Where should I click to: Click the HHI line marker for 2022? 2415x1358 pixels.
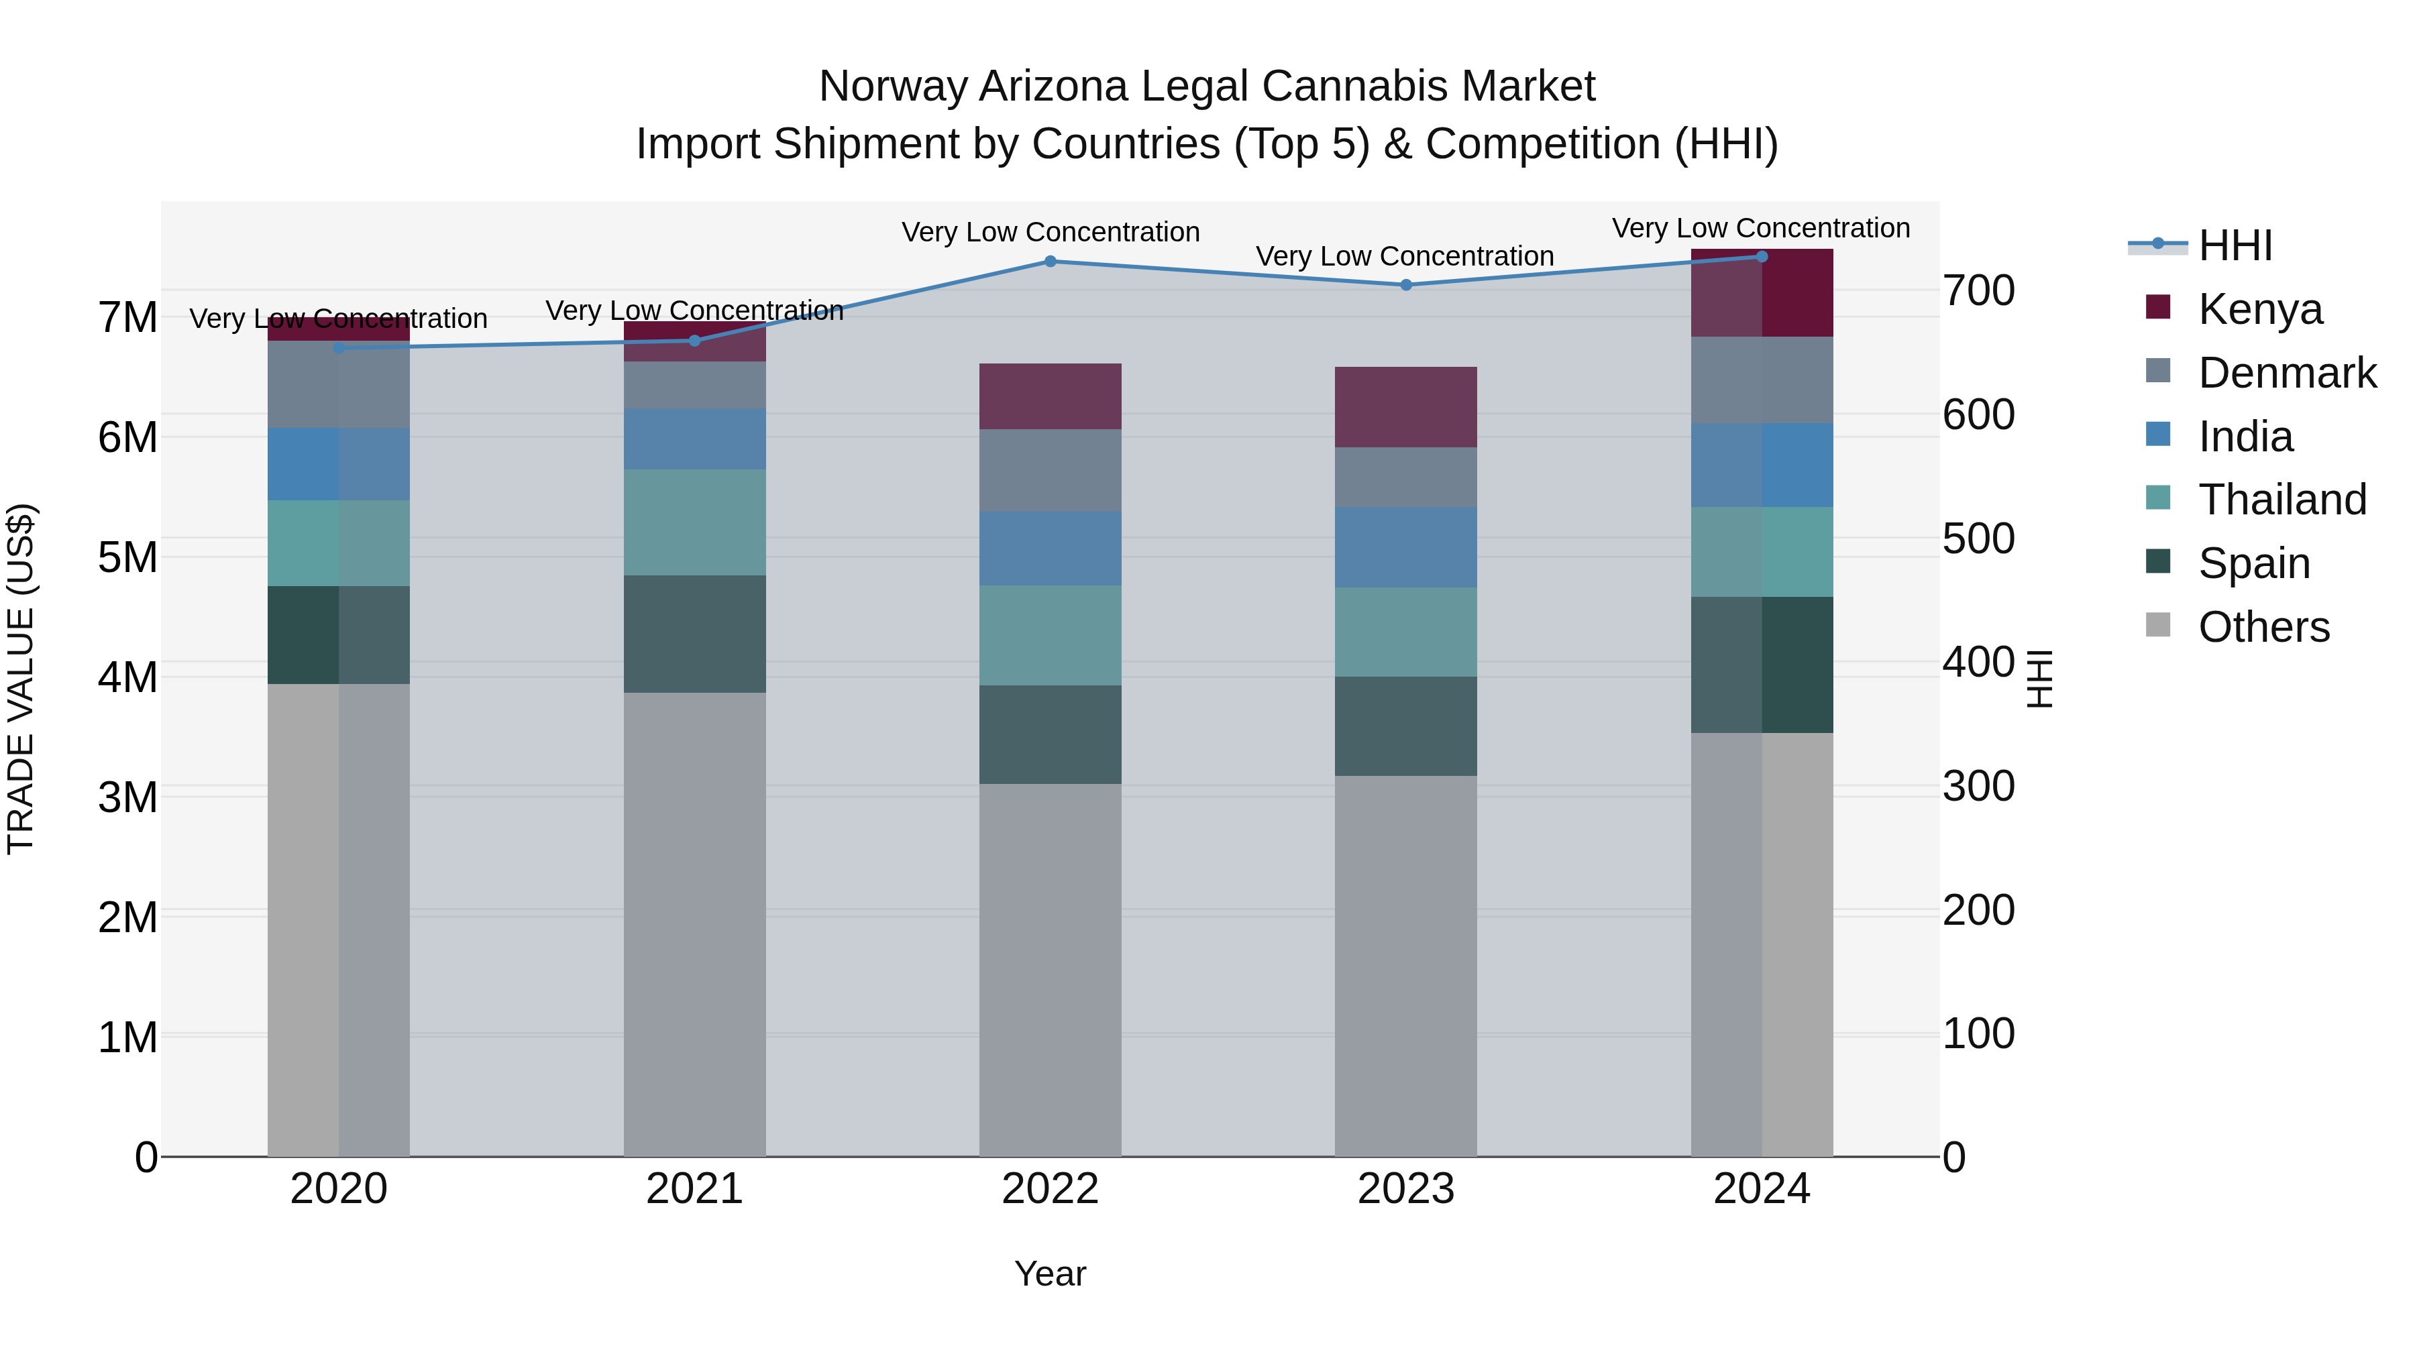click(x=1050, y=262)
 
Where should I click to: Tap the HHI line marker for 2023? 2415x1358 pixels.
click(x=1405, y=285)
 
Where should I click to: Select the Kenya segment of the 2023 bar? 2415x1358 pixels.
click(x=1405, y=407)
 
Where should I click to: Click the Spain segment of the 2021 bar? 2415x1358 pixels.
click(x=695, y=634)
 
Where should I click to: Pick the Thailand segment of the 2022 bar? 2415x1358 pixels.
click(x=1050, y=636)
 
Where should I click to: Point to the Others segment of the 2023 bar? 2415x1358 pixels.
click(x=1405, y=965)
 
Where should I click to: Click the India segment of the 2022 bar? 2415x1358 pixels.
click(x=1050, y=549)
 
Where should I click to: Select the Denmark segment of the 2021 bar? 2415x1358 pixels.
click(x=695, y=385)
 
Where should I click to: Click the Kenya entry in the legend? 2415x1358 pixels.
click(x=2259, y=309)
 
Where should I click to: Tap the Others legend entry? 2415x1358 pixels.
click(x=2263, y=627)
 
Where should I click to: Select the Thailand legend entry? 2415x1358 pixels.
click(x=2282, y=500)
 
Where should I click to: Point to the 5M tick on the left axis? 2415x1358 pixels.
click(x=128, y=558)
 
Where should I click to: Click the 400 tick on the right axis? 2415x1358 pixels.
click(x=1978, y=663)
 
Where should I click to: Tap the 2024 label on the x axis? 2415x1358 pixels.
click(x=1761, y=1189)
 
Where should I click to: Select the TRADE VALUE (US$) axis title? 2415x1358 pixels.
click(x=21, y=679)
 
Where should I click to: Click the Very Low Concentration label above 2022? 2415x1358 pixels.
click(x=1050, y=233)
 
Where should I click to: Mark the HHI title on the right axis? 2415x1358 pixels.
click(x=2040, y=679)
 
